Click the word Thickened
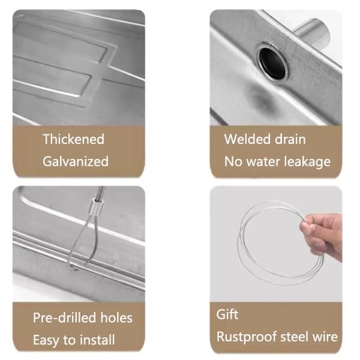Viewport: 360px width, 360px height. (73, 139)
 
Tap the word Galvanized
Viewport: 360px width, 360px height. (76, 161)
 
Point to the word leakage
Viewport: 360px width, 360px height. (307, 162)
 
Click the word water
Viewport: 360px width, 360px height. (263, 161)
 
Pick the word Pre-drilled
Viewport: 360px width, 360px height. (64, 318)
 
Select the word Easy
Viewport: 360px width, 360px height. (47, 340)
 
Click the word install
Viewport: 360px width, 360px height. (95, 340)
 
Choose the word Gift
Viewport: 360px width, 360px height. (227, 314)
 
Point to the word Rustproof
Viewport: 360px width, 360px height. (247, 337)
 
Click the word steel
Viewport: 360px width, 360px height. (295, 337)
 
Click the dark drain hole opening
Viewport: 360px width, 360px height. (273, 62)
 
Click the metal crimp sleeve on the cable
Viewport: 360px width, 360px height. (97, 205)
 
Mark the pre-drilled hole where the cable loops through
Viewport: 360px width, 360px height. (74, 268)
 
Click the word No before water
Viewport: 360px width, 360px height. (233, 161)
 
